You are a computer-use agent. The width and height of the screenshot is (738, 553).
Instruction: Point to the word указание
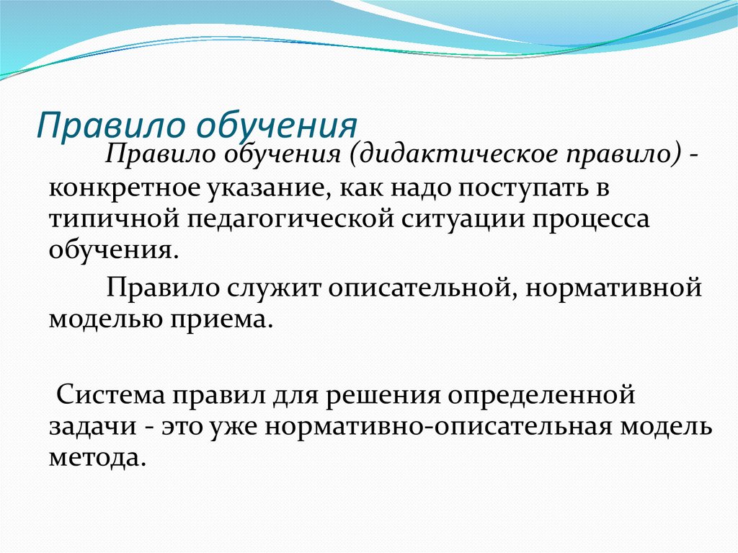pos(264,188)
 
